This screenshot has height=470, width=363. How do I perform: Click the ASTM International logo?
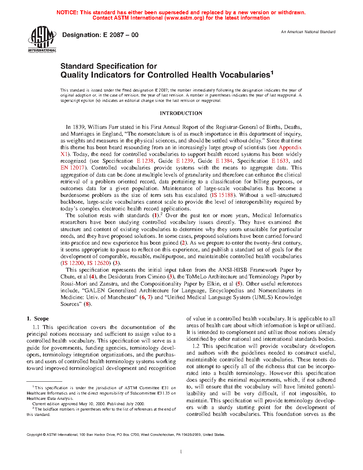[42, 40]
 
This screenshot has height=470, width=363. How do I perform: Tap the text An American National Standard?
[308, 32]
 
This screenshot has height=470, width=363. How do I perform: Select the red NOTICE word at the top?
[67, 12]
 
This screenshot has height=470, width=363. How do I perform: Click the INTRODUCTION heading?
[181, 113]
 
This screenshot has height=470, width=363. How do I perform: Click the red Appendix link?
[290, 147]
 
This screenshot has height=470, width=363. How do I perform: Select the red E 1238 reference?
[145, 161]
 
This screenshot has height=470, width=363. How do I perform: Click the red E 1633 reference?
[280, 161]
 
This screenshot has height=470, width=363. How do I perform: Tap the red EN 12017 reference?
[72, 168]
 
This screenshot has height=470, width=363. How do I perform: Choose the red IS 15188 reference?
[222, 195]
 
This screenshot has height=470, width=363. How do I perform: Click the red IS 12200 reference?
[73, 263]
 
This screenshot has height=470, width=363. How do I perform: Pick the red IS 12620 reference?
[98, 263]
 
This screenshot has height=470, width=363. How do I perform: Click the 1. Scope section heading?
[38, 319]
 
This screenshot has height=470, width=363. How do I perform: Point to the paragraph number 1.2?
[196, 346]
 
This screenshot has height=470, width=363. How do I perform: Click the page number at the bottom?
[181, 452]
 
